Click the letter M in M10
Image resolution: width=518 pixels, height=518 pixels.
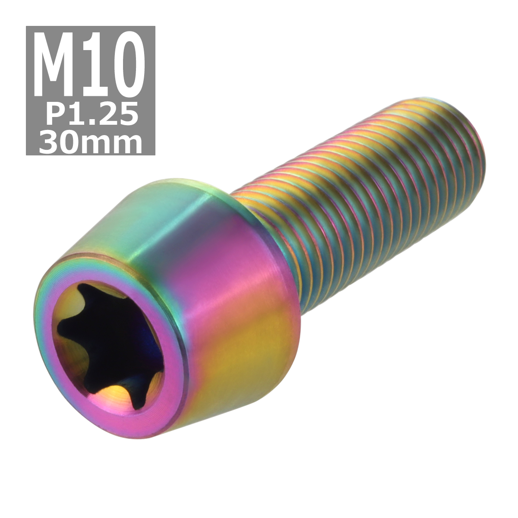click(59, 65)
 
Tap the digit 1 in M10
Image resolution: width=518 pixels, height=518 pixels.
click(95, 65)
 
